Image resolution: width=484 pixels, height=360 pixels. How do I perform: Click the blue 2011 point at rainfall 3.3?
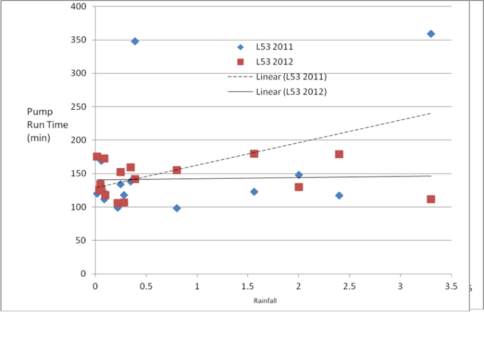431,34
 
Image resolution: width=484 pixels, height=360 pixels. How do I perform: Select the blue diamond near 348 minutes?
135,41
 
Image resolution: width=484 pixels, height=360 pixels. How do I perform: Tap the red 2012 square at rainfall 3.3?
431,199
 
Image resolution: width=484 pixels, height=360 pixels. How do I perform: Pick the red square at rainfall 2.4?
339,154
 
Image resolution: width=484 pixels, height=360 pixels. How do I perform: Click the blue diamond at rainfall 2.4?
339,195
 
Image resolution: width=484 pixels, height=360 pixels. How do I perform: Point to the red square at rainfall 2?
298,187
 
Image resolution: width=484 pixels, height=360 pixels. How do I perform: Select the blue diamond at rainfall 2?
298,175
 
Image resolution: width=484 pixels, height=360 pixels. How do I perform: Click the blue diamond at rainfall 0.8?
176,208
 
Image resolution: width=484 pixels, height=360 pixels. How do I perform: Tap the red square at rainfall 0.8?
176,170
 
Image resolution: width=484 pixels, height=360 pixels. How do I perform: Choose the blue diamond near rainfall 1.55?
253,192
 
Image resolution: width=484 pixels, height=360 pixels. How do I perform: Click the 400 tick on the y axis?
80,7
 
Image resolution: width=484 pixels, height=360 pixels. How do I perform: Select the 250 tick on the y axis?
80,107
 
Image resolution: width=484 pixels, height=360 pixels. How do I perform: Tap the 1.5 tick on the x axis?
247,286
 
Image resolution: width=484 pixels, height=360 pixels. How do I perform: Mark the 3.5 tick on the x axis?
451,286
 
